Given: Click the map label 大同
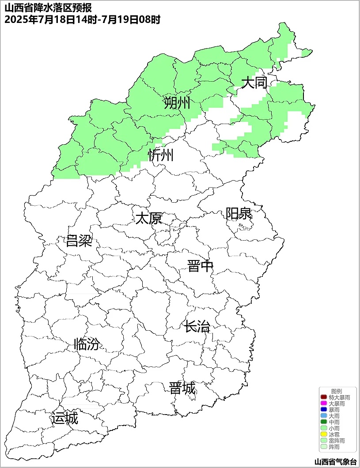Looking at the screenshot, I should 254,82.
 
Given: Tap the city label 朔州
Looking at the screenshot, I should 177,103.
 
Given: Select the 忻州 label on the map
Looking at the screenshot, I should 161,155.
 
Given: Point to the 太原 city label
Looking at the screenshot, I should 148,218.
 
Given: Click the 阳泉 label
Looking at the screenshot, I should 239,214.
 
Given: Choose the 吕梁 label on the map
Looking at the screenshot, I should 79,241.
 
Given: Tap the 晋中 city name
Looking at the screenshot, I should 200,266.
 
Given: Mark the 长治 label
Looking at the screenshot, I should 197,327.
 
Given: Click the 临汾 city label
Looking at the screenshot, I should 87,344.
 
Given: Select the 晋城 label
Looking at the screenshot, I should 182,389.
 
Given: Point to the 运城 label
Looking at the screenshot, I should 64,418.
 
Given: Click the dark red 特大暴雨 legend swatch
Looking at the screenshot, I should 323,397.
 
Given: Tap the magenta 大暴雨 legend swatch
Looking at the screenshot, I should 323,404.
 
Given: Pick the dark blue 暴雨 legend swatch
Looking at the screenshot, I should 323,410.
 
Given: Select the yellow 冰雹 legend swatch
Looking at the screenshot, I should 323,434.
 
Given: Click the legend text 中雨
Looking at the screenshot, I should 334,422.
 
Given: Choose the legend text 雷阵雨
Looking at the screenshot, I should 337,441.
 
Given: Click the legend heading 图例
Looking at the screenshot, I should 337,391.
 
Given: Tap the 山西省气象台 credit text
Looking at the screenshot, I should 335,461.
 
